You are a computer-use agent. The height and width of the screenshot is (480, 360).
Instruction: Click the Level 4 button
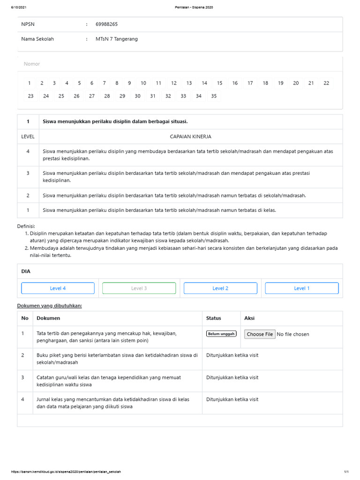[58, 288]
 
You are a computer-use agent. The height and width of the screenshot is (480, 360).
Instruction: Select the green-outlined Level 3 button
[139, 288]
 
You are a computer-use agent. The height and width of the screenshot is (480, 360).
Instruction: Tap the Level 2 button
[220, 288]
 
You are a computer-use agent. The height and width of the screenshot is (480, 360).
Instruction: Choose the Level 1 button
[301, 288]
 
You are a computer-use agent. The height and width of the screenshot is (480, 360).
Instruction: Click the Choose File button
[260, 334]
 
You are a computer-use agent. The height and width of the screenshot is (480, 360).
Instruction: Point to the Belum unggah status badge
[221, 334]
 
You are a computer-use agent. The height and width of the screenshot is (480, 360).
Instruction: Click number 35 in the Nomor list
[214, 96]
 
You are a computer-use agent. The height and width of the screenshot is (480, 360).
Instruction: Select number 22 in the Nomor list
[326, 83]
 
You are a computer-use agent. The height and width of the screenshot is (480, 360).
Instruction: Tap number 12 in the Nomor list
[173, 83]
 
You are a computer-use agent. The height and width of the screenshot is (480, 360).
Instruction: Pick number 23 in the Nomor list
[30, 96]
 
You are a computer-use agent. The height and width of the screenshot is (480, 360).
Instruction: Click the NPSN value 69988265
[107, 24]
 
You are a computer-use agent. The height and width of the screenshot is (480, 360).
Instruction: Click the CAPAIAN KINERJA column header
[190, 136]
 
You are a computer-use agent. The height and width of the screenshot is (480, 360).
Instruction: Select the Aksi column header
[249, 318]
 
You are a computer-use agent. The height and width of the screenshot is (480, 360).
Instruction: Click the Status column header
[213, 318]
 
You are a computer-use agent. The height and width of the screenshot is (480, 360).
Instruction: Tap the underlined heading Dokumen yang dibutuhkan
[50, 306]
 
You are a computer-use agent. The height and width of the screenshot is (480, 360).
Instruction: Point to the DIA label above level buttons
[25, 271]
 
